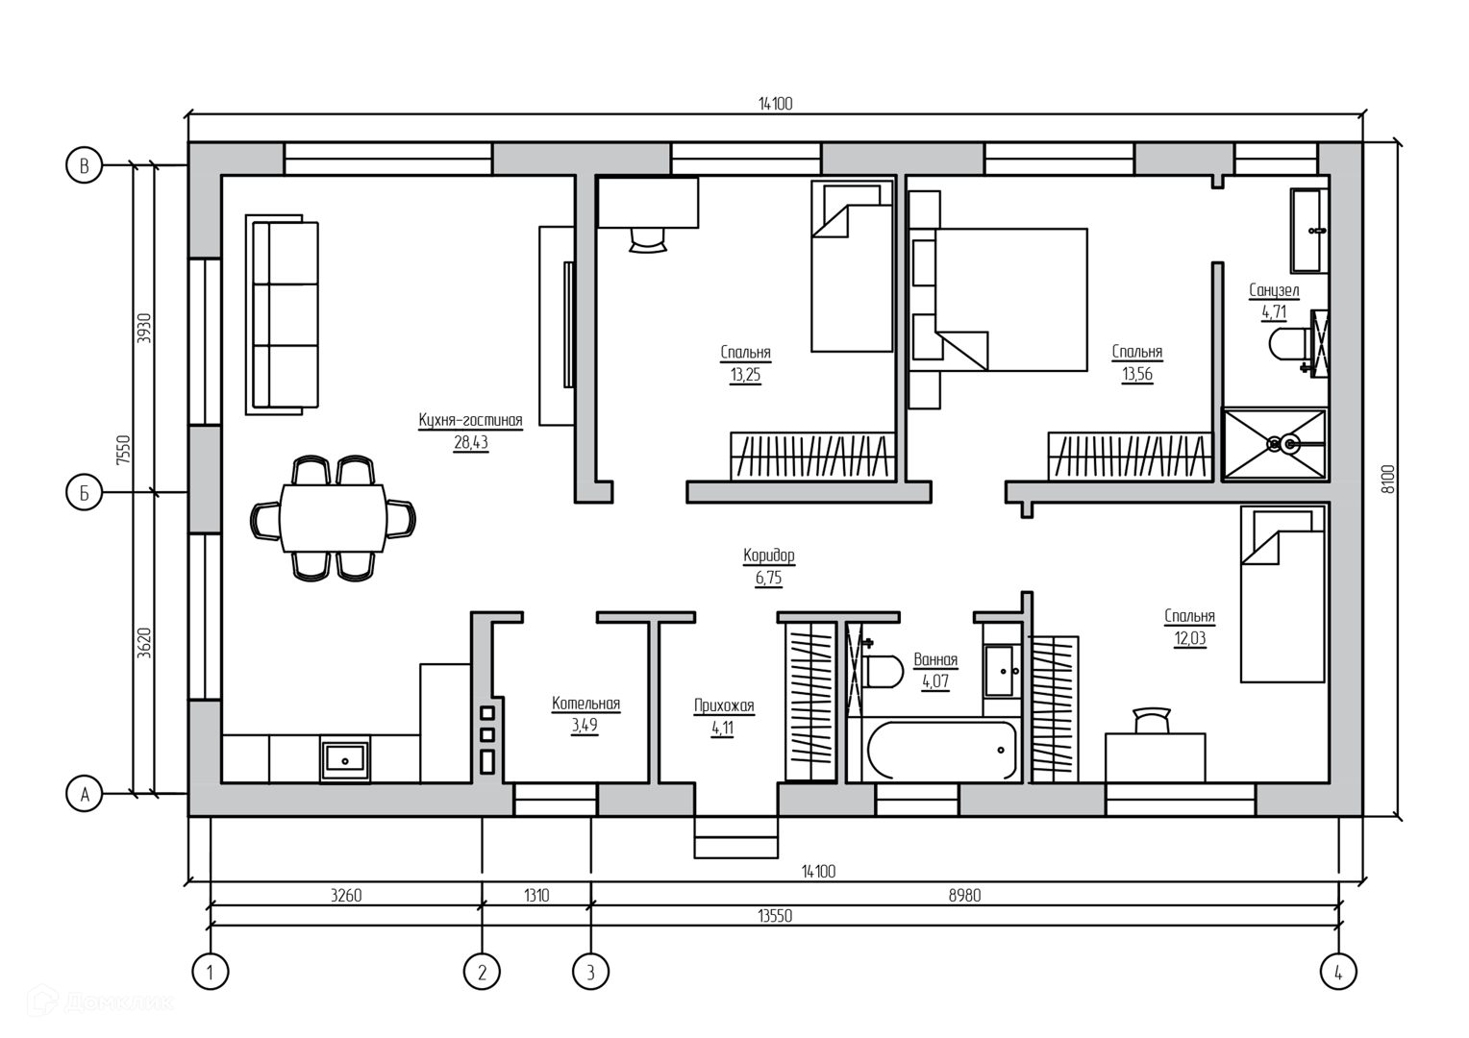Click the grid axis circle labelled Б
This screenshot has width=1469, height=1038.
pyautogui.click(x=85, y=492)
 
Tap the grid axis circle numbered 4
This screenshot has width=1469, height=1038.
pyautogui.click(x=1338, y=972)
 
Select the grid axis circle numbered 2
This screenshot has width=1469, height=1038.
pyautogui.click(x=482, y=972)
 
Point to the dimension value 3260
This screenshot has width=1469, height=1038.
pyautogui.click(x=345, y=895)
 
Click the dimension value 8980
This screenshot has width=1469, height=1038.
pyautogui.click(x=964, y=895)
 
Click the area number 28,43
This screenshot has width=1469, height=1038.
pyautogui.click(x=471, y=443)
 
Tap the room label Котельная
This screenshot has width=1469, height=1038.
pyautogui.click(x=585, y=704)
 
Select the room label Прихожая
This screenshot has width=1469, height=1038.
pyautogui.click(x=724, y=705)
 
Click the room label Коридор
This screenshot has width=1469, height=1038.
pyautogui.click(x=768, y=556)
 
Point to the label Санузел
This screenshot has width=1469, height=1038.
pyautogui.click(x=1274, y=290)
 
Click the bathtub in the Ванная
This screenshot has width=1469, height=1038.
pyautogui.click(x=942, y=750)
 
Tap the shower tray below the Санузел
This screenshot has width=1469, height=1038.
pyautogui.click(x=1274, y=444)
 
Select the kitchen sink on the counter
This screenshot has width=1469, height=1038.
pyautogui.click(x=344, y=759)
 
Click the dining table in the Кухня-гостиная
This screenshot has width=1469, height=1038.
pyautogui.click(x=334, y=518)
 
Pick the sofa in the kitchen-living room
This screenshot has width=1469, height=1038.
pyautogui.click(x=282, y=314)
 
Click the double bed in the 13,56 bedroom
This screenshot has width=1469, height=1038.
pyautogui.click(x=1010, y=300)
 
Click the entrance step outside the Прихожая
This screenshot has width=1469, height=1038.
pyautogui.click(x=735, y=837)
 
